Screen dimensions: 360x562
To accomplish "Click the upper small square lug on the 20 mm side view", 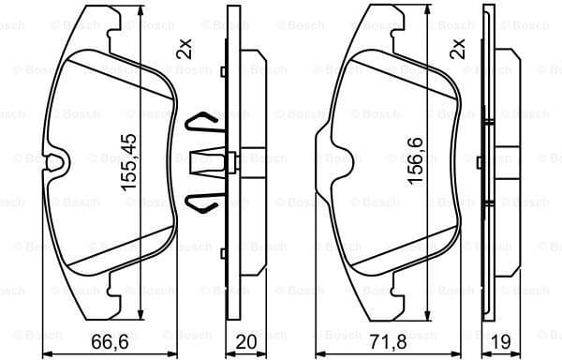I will click(223, 72).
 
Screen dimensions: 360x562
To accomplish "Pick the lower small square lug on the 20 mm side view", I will click(223, 253).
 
